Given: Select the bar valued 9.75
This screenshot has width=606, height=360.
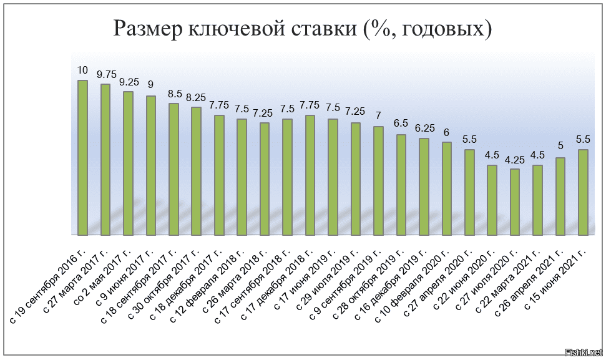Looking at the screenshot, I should click(x=105, y=159).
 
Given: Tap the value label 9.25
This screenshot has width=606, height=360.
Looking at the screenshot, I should click(x=129, y=82).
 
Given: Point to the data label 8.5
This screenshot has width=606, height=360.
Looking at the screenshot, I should click(x=175, y=94).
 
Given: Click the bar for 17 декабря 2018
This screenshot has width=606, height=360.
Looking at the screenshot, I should click(x=310, y=175).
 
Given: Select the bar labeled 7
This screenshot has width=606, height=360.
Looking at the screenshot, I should click(x=378, y=180).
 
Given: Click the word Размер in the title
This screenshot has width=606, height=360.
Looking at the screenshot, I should click(x=147, y=29).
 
